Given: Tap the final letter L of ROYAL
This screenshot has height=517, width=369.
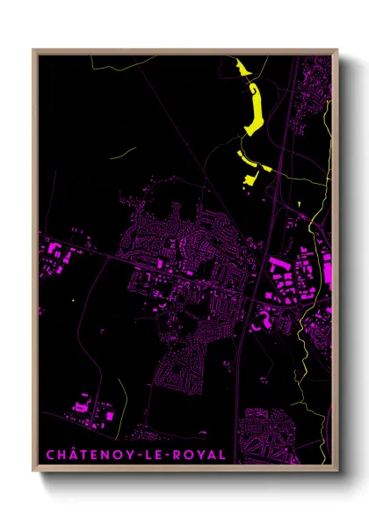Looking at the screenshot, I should point(221,455).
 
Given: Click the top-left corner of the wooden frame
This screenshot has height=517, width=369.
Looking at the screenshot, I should point(34,50).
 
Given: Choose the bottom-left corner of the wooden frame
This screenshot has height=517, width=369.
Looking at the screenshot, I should point(34,472).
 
